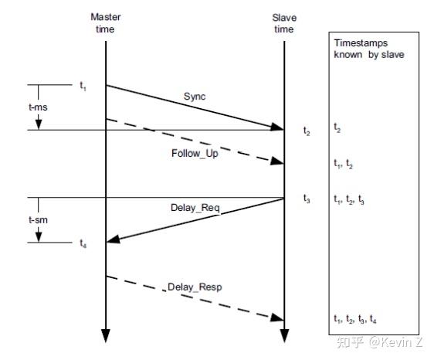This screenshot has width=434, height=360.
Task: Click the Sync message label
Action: click(x=195, y=97)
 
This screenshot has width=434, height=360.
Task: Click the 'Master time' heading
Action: click(x=105, y=22)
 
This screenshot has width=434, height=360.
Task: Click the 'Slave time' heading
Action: click(x=284, y=22)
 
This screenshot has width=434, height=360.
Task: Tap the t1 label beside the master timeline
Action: click(x=83, y=87)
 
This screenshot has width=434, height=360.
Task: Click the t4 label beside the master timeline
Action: click(x=83, y=243)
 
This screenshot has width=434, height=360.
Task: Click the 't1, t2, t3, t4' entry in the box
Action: click(x=355, y=319)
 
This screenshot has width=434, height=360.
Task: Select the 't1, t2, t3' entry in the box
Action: click(x=349, y=199)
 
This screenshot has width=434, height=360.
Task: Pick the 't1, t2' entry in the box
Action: click(x=344, y=164)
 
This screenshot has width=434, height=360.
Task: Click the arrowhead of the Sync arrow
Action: click(x=280, y=127)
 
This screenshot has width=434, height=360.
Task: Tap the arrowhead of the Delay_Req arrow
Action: click(x=110, y=241)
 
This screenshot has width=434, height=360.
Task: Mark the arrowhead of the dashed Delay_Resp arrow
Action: click(x=280, y=318)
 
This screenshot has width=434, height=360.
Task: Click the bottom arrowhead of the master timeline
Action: click(x=105, y=336)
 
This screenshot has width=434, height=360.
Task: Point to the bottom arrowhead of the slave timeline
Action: click(x=284, y=336)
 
